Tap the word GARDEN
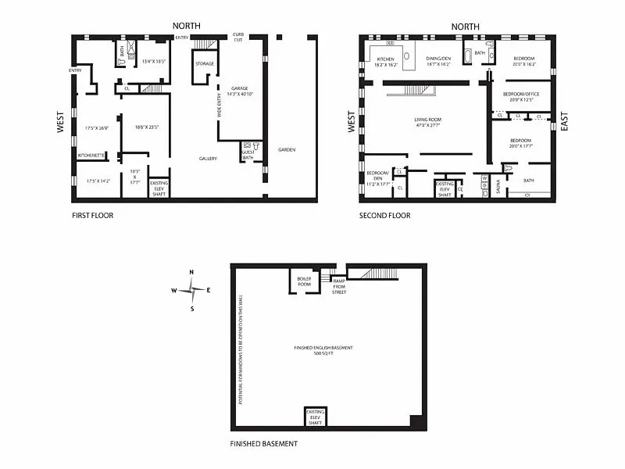pos(287,149)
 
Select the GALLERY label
pos(208,159)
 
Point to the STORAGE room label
pos(204,64)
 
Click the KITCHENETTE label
pos(91,155)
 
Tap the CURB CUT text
pos(239,38)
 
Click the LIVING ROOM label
pos(427,120)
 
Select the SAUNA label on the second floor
pos(498,188)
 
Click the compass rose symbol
pos(191,290)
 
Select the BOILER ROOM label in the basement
pos(304,281)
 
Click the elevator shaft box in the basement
pos(315,417)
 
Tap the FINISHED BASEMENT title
pos(264,444)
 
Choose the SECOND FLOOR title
pos(384,215)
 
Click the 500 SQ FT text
pos(323,353)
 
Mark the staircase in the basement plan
pos(376,273)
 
